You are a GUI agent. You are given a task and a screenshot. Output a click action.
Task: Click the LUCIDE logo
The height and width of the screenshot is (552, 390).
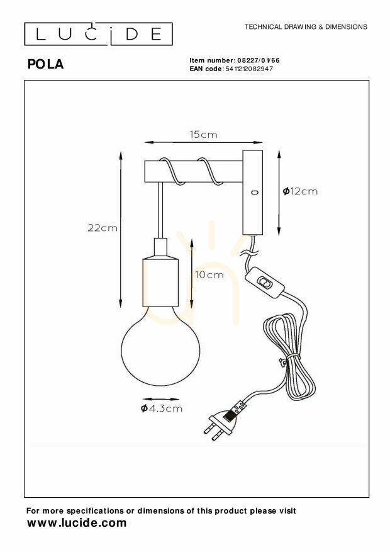pos(99,34)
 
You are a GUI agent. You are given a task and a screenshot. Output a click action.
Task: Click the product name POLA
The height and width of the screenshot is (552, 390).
pos(45,64)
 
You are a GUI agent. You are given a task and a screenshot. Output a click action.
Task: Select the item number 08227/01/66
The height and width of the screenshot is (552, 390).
pos(259,60)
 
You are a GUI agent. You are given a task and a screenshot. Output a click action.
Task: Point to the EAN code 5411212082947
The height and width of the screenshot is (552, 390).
pos(248,69)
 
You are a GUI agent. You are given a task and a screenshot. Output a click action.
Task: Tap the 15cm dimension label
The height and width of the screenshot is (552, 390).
pos(204,135)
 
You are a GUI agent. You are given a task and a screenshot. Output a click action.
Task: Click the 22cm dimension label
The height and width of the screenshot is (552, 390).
pos(103,228)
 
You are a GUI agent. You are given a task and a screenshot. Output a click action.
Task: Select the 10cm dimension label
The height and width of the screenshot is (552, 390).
pos(209,274)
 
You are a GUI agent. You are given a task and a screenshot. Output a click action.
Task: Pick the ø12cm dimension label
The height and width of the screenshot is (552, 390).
pos(300,191)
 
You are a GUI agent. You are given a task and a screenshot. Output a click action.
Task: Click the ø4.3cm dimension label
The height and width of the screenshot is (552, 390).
pos(162,408)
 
